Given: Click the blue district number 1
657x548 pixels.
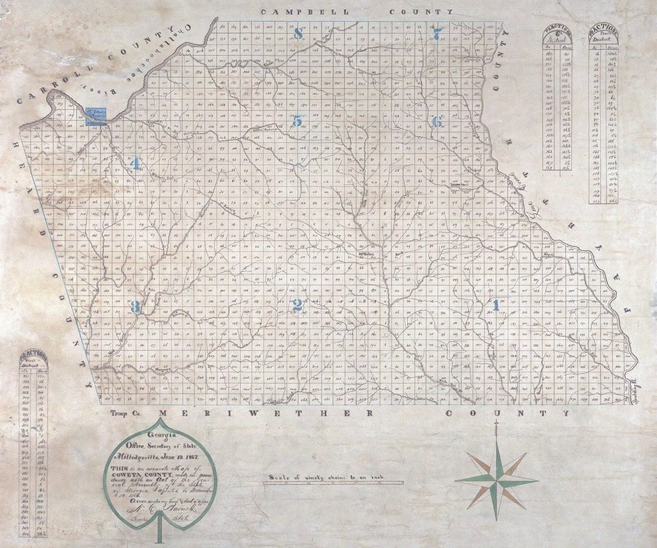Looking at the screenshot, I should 496,305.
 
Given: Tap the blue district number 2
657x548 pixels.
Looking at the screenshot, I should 297,305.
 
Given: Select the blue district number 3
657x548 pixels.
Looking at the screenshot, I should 135,307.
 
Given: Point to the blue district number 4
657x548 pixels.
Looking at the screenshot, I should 135,163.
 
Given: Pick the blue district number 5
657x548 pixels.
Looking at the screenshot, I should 297,121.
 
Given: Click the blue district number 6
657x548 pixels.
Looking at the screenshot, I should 437,122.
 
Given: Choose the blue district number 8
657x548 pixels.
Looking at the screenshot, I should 298,33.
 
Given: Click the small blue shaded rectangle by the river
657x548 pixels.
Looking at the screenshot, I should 96,116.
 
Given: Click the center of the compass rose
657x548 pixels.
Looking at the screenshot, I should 496,481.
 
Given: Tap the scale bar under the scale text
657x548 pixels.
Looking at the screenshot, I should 333,483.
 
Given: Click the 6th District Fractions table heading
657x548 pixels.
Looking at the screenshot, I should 559,37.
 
